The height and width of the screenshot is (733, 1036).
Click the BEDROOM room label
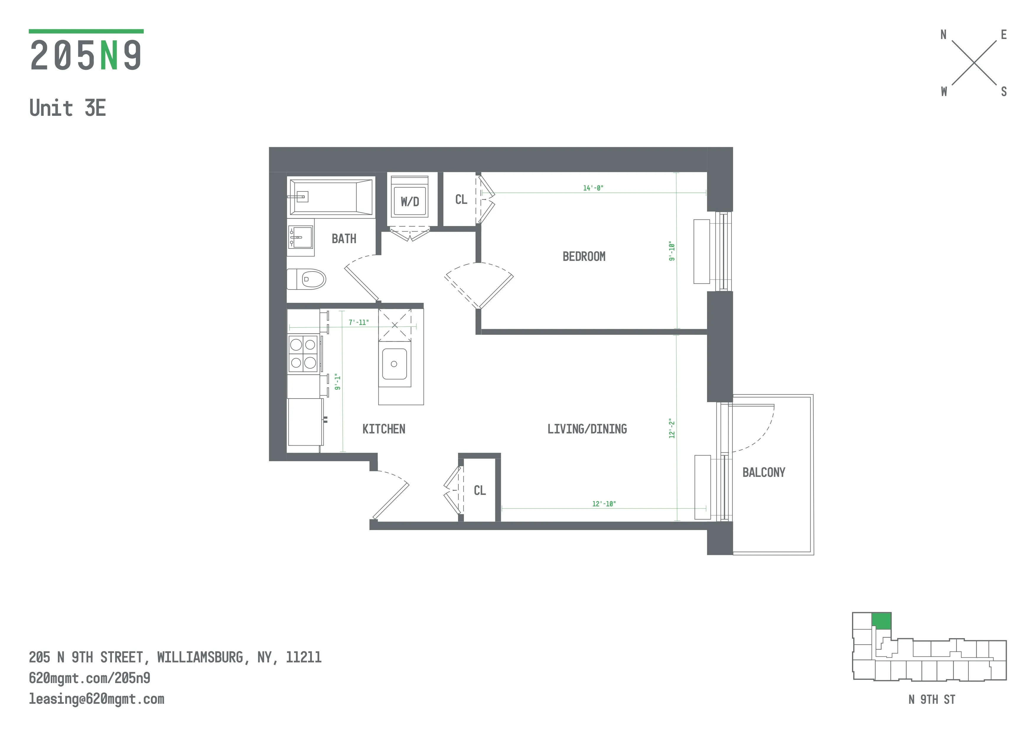[x=584, y=256]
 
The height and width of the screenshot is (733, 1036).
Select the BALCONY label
[x=763, y=473]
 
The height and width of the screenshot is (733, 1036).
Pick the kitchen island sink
[x=394, y=364]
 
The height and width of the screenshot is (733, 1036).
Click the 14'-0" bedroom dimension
[x=593, y=188]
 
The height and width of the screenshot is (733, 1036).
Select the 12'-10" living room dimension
[x=604, y=504]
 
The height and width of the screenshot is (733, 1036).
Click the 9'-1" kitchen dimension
[x=338, y=382]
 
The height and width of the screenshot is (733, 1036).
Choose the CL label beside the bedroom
[x=461, y=199]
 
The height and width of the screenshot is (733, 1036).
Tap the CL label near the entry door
[x=480, y=491]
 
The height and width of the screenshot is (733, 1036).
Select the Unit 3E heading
[x=68, y=108]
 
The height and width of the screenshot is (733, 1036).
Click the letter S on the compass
[x=1004, y=92]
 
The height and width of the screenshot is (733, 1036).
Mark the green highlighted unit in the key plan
[x=881, y=621]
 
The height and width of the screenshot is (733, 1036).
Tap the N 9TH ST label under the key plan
[x=932, y=700]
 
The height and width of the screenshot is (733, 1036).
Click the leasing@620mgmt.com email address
[x=97, y=699]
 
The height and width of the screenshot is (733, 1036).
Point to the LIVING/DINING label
[x=587, y=429]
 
